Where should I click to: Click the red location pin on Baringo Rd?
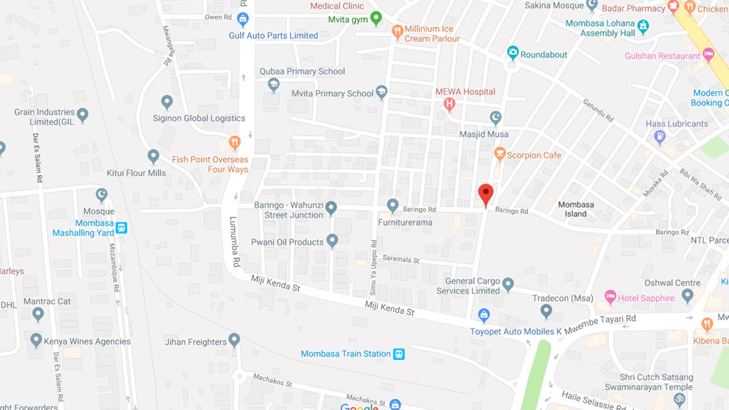[x=485, y=194]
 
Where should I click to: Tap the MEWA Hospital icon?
[x=449, y=105]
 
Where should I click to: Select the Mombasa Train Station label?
[x=345, y=354]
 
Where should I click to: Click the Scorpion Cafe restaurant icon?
[x=500, y=154]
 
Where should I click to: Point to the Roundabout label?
[x=543, y=54]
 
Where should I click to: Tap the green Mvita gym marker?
[x=376, y=18]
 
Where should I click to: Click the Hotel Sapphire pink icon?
[x=610, y=297]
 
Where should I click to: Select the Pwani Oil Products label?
[x=287, y=242]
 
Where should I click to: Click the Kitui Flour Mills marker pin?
[x=153, y=156]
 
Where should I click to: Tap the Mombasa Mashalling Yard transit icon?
[x=121, y=228]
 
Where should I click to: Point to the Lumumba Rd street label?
[x=235, y=241]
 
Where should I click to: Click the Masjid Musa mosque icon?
[x=496, y=117]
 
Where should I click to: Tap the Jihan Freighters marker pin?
[x=234, y=339]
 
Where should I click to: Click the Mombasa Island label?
[x=576, y=209]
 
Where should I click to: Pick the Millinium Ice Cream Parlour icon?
[x=398, y=32]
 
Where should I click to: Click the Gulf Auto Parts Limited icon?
[x=242, y=19]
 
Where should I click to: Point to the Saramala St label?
[x=401, y=260]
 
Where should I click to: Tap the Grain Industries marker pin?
[x=82, y=114]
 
